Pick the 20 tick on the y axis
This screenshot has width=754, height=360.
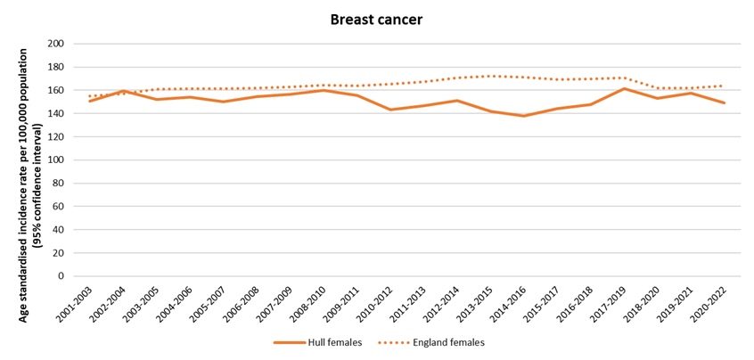coord(57,253)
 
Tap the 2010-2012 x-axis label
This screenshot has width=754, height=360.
coord(375,304)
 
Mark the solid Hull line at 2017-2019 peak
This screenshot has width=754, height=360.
coord(623,88)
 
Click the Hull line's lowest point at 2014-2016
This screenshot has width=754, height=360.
coord(523,116)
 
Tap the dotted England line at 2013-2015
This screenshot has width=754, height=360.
coord(490,76)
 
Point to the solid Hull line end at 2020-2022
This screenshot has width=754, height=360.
coord(724,102)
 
